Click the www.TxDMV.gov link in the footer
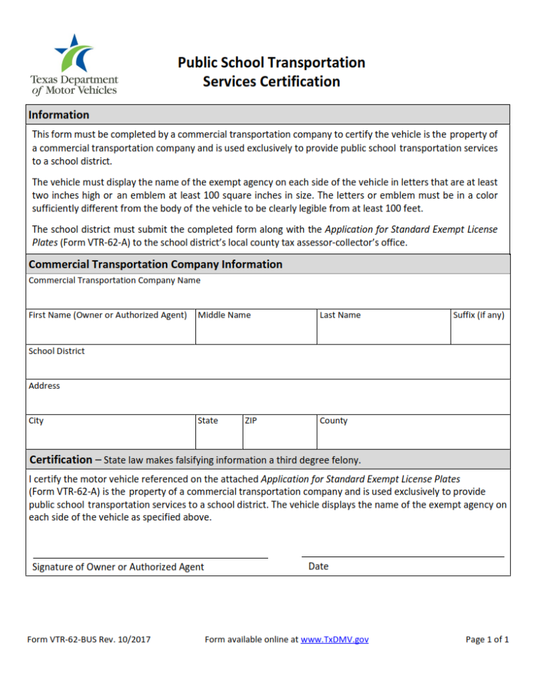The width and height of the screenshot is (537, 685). click(334, 640)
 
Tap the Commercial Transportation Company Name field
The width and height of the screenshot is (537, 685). click(268, 296)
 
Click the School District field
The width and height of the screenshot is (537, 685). click(268, 366)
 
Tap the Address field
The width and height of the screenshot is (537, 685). click(268, 401)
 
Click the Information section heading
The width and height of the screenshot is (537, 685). click(59, 115)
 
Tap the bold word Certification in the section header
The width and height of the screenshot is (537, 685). click(61, 460)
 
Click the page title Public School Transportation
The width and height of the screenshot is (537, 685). click(272, 63)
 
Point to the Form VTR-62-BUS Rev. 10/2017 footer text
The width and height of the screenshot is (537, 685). click(89, 640)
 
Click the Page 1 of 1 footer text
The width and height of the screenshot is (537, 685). click(487, 640)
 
